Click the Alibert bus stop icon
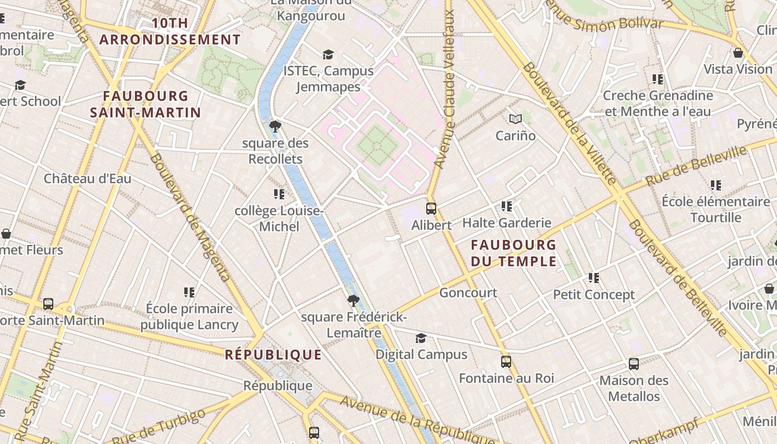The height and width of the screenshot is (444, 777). tap(431, 209)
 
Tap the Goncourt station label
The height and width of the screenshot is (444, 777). tap(468, 292)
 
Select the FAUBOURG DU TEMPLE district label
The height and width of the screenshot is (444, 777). tap(513, 253)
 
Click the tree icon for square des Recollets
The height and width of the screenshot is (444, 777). tap(275, 127)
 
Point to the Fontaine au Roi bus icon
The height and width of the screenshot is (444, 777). tap(506, 362)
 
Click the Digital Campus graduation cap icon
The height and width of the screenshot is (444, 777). tap(421, 338)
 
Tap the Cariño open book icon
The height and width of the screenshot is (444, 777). tap(516, 119)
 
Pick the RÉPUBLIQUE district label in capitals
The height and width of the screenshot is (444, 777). tap(273, 355)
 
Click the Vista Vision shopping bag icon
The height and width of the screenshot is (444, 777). tap(738, 53)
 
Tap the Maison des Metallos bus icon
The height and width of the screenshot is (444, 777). tap(634, 364)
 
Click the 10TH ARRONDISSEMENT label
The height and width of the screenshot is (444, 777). tap(170, 32)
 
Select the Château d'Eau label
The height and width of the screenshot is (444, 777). tap(88, 179)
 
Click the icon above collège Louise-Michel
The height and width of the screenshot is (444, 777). tap(279, 194)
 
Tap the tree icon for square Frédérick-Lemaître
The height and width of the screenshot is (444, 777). tap(353, 301)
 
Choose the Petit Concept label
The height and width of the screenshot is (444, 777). tap(594, 295)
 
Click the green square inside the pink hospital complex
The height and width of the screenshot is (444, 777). tap(377, 145)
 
